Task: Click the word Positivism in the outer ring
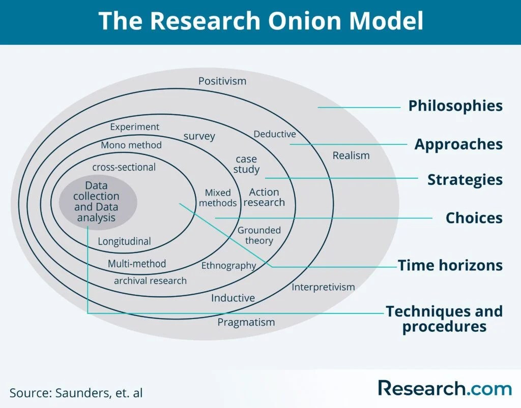[222, 81]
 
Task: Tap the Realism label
[351, 155]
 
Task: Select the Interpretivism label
[323, 287]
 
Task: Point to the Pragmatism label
[246, 322]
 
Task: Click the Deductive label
[275, 134]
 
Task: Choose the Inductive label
[233, 298]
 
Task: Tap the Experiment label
[135, 127]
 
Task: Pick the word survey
[199, 136]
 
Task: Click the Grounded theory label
[259, 235]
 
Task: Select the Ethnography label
[228, 265]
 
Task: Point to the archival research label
[150, 280]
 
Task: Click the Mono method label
[131, 145]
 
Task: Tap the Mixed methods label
[218, 198]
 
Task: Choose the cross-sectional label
[124, 167]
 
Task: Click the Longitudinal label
[125, 241]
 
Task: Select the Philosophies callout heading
[455, 106]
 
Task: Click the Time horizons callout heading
[450, 265]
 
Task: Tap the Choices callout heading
[474, 218]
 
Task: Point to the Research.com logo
[444, 388]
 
